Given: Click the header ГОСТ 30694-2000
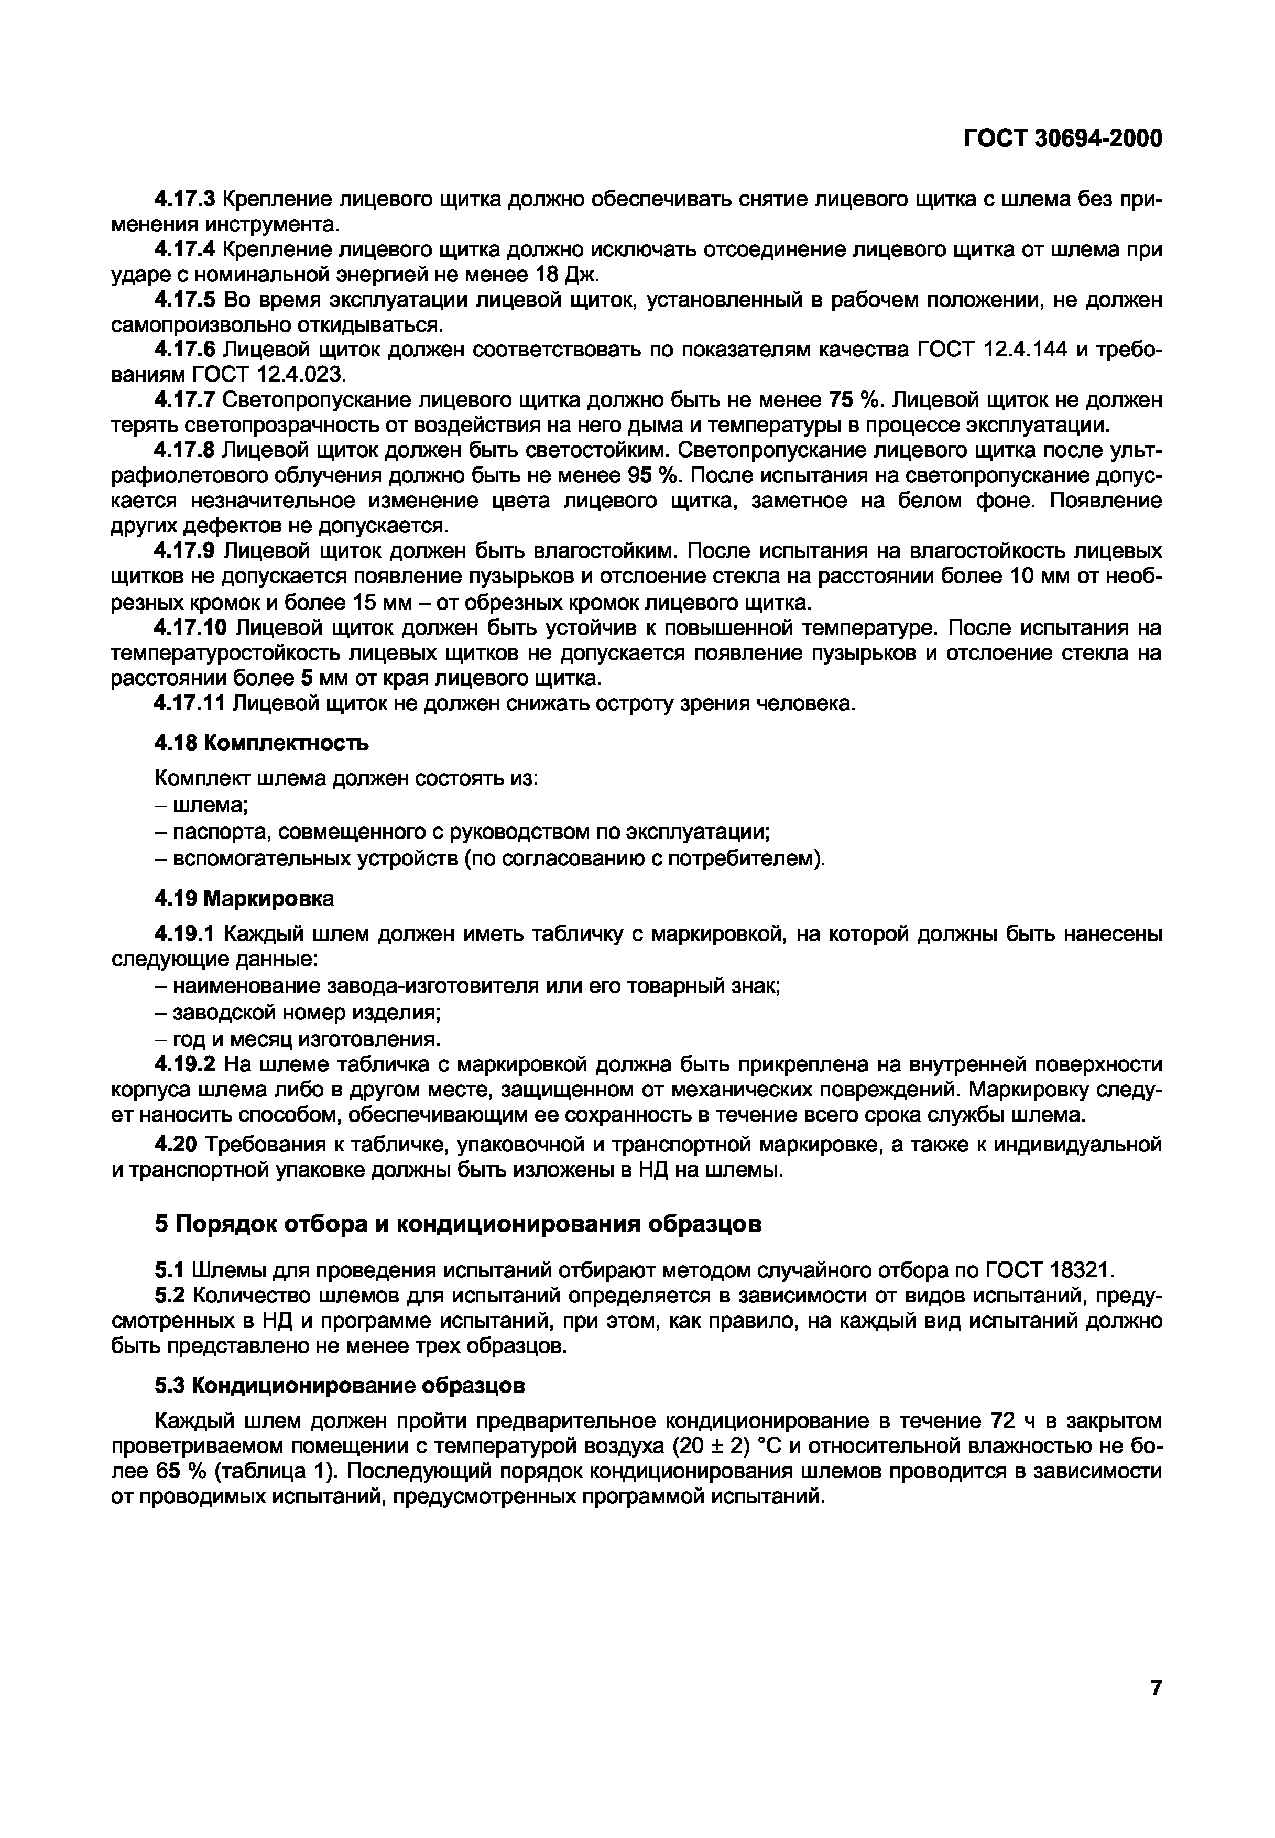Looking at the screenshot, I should pyautogui.click(x=1063, y=138).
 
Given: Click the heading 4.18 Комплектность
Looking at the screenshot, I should pyautogui.click(x=261, y=743).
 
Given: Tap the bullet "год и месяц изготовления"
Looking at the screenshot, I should pyautogui.click(x=297, y=1038).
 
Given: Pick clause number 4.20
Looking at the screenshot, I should pyautogui.click(x=175, y=1145).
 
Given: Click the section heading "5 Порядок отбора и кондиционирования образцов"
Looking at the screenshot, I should pyautogui.click(x=457, y=1224).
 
